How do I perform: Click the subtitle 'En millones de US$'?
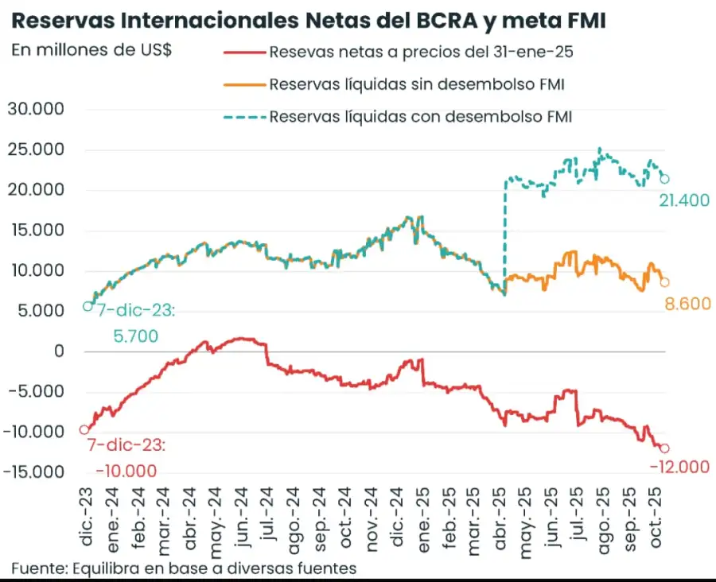point(92,49)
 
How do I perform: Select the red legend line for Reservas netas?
point(243,52)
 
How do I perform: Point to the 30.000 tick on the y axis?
point(35,109)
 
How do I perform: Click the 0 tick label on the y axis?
point(58,351)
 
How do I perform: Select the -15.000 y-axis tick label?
point(33,472)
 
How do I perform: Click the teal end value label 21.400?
point(683,201)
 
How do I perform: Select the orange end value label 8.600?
point(686,303)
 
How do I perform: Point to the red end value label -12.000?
point(679,468)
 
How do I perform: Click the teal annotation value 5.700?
point(135,336)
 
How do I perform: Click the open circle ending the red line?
point(665,448)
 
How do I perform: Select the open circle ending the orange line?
point(665,282)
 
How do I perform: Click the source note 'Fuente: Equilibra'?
point(183,568)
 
